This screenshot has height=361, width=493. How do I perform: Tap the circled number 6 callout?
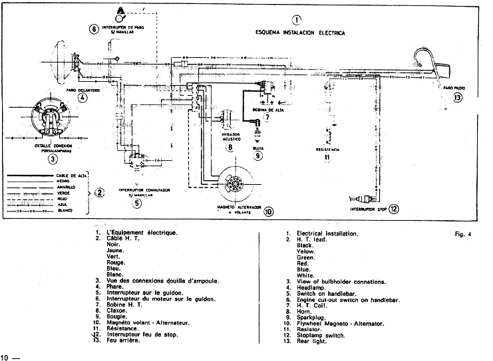(94, 29)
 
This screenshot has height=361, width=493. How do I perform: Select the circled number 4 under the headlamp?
(82, 97)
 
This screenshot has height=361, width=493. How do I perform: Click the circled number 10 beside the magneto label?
(268, 213)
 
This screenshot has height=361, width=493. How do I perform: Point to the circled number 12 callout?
(394, 209)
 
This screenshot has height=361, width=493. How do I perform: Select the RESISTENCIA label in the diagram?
(327, 150)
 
